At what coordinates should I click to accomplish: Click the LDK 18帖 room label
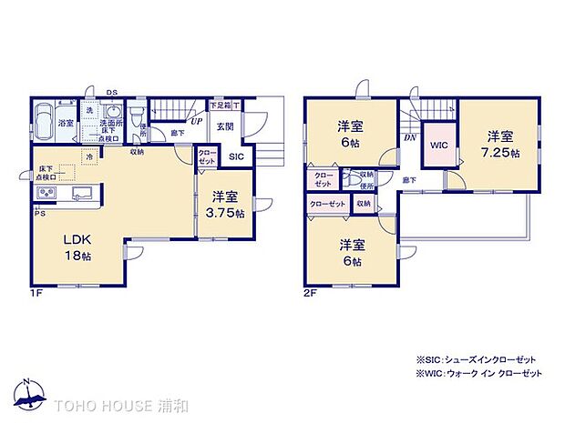point(77,247)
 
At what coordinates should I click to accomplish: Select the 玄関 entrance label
point(226,126)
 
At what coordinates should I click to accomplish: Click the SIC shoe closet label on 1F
point(235,156)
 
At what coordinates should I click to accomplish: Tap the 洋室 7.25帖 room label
point(502,145)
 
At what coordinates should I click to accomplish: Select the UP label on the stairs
point(196,119)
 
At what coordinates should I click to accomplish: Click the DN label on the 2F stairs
point(408,137)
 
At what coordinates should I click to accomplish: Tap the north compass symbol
point(31,393)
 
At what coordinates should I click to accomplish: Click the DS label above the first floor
point(111,92)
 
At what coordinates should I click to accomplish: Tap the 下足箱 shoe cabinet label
point(220,105)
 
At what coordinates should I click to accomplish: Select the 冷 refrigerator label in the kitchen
point(89,156)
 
